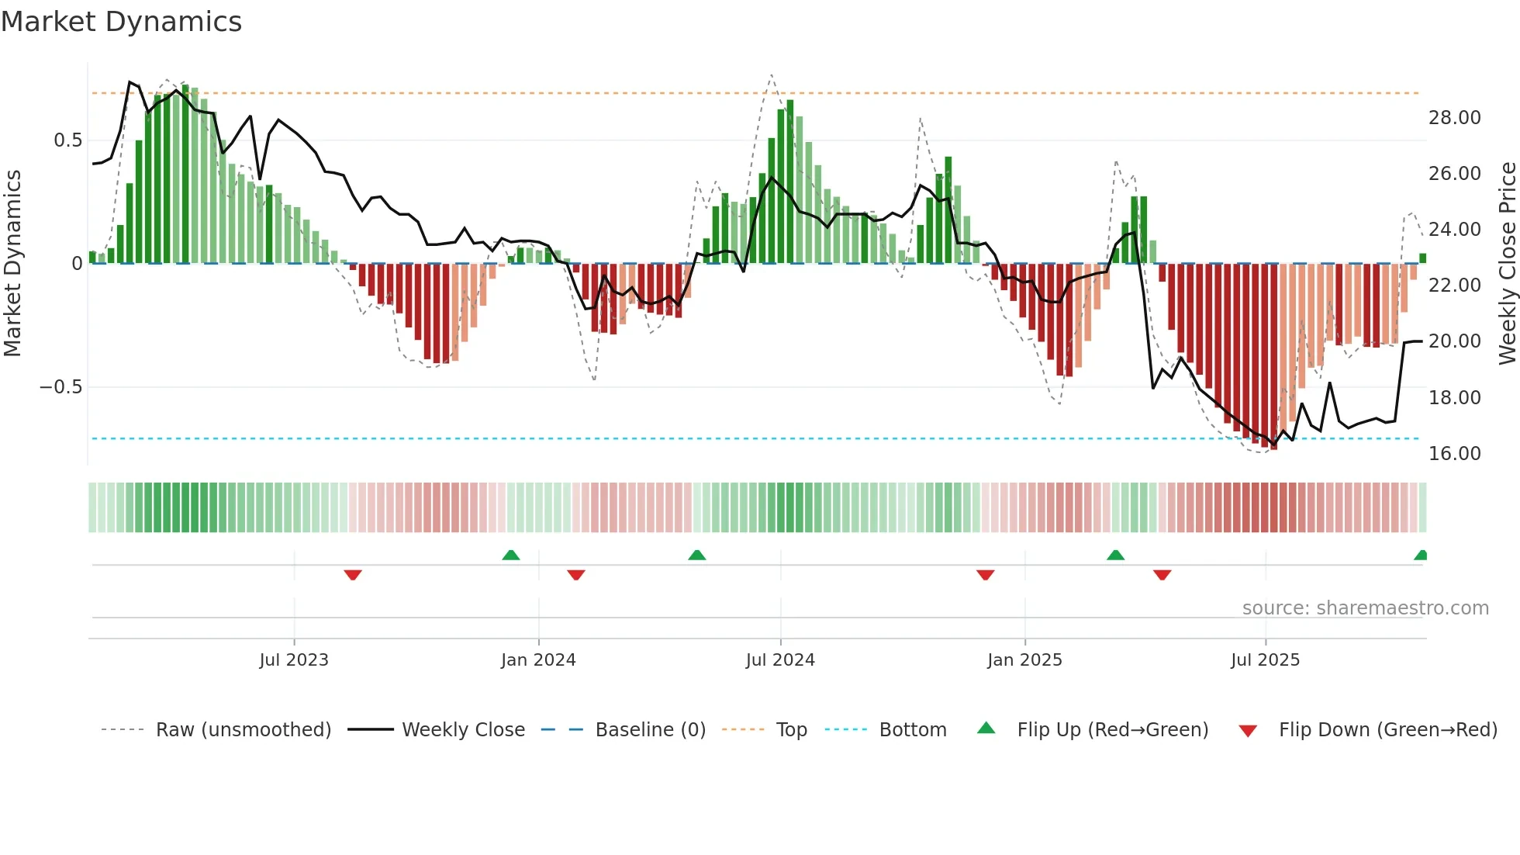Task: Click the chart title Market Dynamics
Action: pos(122,22)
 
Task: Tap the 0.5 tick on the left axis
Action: pos(67,140)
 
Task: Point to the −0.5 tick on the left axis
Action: pos(60,387)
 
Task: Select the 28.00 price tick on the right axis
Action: pos(1454,118)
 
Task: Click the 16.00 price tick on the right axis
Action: pos(1454,454)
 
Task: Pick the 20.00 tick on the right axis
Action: pos(1454,341)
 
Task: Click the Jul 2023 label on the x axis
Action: pos(294,660)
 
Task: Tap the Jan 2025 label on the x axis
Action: pos(1024,660)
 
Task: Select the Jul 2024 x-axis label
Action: pos(780,660)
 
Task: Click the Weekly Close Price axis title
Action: pos(1507,264)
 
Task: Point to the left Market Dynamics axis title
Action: pos(12,264)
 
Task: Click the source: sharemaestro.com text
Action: pos(1365,608)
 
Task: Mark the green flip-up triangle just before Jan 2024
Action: pos(510,556)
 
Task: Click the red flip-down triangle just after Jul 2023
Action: pos(353,575)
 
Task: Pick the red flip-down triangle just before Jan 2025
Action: pos(985,575)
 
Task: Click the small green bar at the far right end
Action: pos(1422,258)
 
